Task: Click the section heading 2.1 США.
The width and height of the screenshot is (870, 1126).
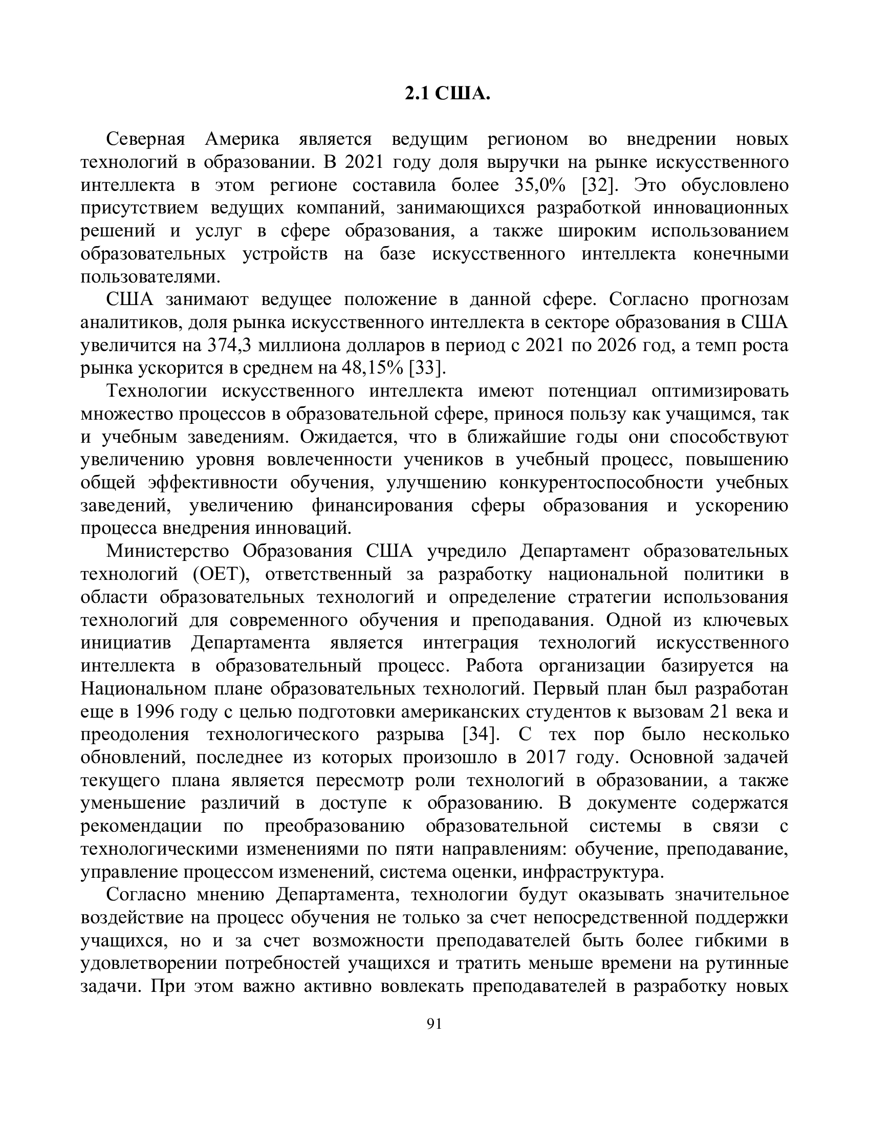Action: [x=447, y=94]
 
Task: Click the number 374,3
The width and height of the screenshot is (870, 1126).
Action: [x=229, y=345]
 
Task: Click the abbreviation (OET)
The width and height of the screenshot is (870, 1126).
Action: [x=216, y=574]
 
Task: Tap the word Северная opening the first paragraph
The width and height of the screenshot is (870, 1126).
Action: [x=145, y=139]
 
